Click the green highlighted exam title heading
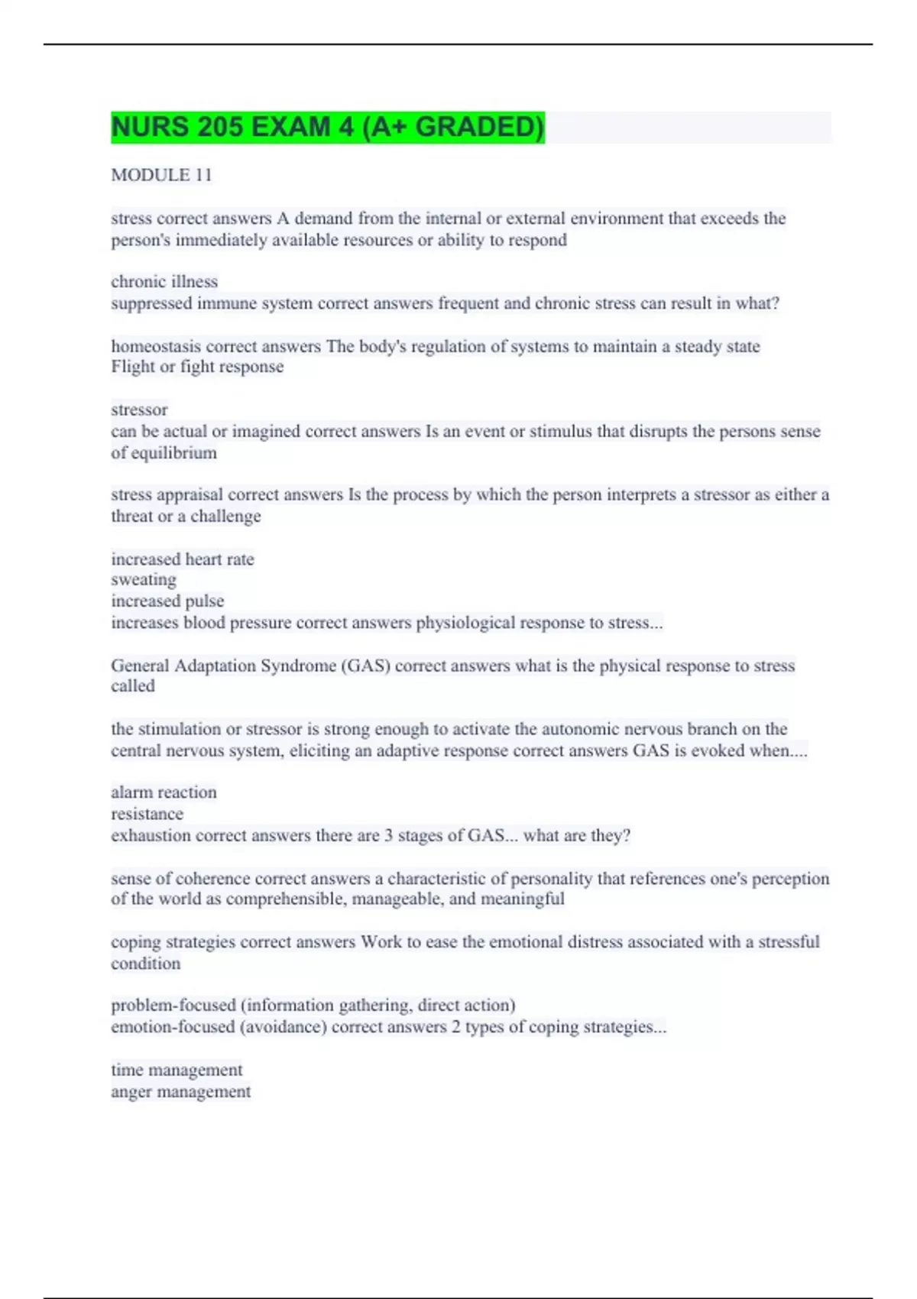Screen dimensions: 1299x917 coord(327,127)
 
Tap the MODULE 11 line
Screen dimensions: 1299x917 coord(161,175)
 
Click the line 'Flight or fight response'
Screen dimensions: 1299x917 coord(197,367)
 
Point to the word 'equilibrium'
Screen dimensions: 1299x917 coord(173,453)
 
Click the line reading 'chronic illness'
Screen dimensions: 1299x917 coord(164,282)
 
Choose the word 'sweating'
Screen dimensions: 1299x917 coord(144,580)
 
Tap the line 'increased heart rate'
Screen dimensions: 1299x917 coord(183,559)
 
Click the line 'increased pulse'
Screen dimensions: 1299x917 coord(167,601)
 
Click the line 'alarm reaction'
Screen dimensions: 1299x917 coord(164,792)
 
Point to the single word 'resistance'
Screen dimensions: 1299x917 coord(147,814)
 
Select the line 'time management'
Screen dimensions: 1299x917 coord(177,1071)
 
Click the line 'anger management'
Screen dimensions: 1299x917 coord(180,1092)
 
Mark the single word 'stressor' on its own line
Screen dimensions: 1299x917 coord(139,410)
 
